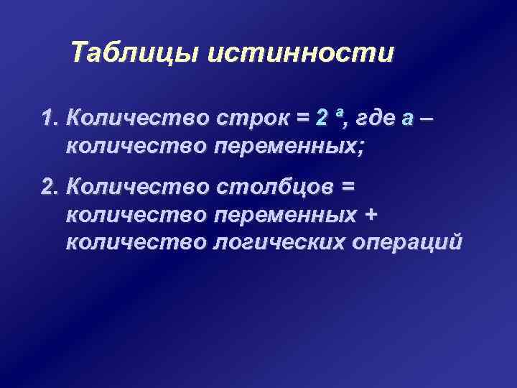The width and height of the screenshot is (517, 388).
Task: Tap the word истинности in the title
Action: click(x=302, y=54)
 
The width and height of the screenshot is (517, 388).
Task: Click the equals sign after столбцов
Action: click(x=348, y=188)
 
